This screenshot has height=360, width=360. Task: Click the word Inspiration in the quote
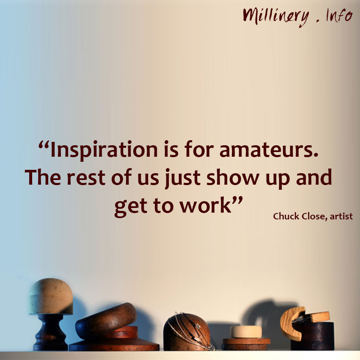pos(104,150)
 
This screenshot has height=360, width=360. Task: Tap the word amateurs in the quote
pos(269,150)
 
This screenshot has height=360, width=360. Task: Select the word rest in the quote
pos(86,178)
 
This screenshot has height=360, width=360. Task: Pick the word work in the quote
pos(206,205)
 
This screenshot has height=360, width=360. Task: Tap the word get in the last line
pos(131,207)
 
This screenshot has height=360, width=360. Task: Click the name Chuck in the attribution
pos(286,216)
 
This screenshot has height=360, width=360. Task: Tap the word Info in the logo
pos(339,15)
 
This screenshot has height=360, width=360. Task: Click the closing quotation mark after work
pos(237,199)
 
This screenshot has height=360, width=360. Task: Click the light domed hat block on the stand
pos(51,297)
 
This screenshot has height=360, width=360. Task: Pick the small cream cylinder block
pos(246,332)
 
